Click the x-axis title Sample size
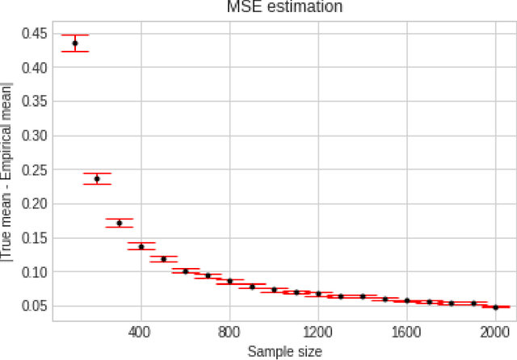click(x=284, y=351)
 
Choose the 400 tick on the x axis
click(x=141, y=331)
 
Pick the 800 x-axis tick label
click(x=230, y=331)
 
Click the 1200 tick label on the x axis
click(x=318, y=331)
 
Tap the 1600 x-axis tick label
click(x=407, y=331)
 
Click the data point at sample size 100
click(x=75, y=44)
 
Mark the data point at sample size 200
click(x=97, y=179)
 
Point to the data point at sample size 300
click(x=120, y=223)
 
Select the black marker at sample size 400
click(x=141, y=246)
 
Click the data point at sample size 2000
click(x=495, y=307)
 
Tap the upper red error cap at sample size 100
click(x=75, y=36)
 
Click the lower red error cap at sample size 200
click(x=97, y=185)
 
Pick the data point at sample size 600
click(x=186, y=271)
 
